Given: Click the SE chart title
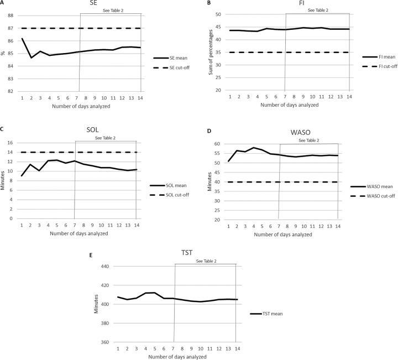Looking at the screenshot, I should click(x=86, y=4).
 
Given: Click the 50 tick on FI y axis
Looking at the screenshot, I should click(x=218, y=14).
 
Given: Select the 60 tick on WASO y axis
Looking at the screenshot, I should click(x=218, y=144).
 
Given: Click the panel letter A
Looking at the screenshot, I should click(x=3, y=3).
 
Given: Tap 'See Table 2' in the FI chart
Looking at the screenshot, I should click(x=317, y=10).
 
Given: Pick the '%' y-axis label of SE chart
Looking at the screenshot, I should click(x=4, y=53).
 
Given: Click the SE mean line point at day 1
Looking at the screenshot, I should click(x=22, y=39).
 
